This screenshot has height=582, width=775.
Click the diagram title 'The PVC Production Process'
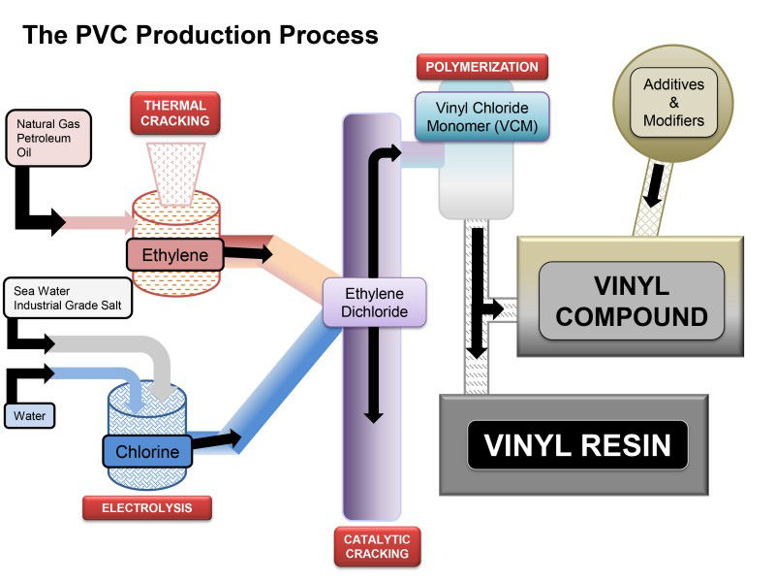(x=201, y=36)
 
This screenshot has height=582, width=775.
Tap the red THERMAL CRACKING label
(x=176, y=113)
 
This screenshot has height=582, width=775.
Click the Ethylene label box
(x=175, y=256)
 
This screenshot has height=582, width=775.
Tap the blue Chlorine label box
(x=147, y=452)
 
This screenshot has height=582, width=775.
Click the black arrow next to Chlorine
(x=218, y=440)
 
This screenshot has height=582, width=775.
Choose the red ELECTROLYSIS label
(x=145, y=507)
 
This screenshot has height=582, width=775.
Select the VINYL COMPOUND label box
(x=632, y=301)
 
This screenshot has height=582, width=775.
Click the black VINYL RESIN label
(x=577, y=445)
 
